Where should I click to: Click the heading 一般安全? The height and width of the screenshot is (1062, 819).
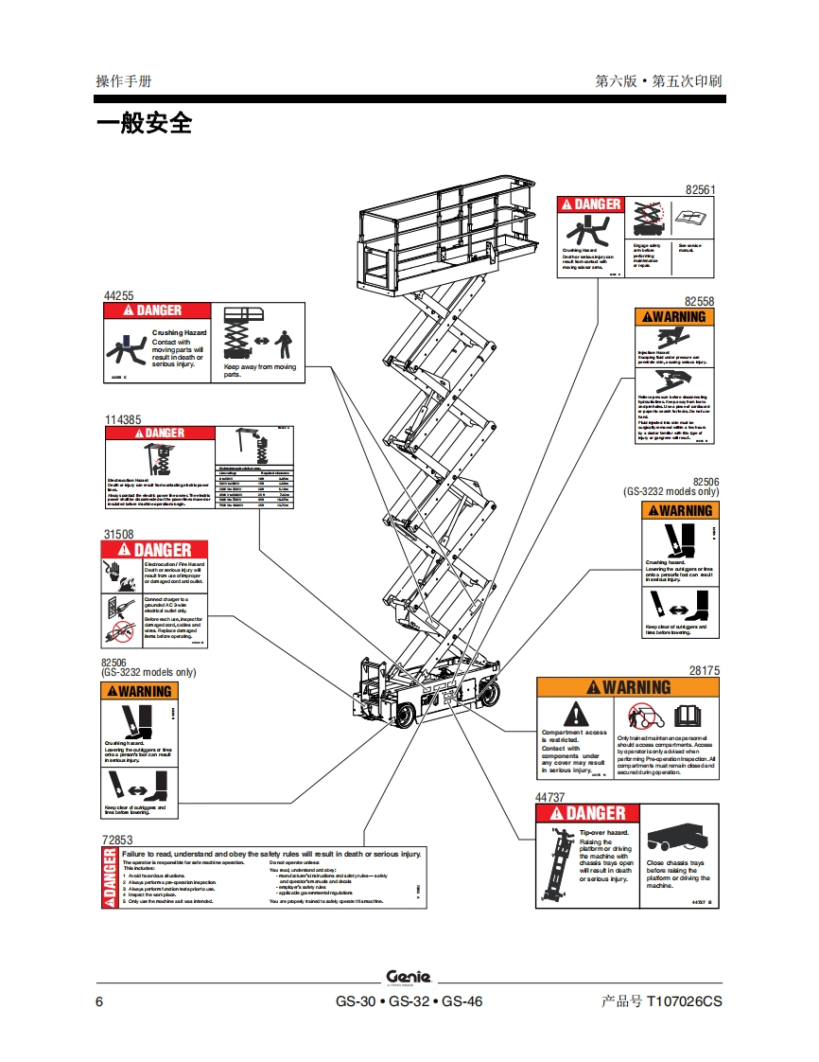[x=144, y=123]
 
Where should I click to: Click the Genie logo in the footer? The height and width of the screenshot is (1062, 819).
[x=409, y=977]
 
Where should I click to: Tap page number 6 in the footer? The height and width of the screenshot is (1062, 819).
[x=99, y=1001]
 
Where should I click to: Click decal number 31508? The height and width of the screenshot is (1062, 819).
[x=118, y=534]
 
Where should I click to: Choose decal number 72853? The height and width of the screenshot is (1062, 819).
[x=117, y=840]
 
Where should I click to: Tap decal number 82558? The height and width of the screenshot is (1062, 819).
[x=700, y=302]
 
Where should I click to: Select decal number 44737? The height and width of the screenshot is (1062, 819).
[x=550, y=797]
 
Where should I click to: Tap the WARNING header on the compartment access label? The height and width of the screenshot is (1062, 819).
[x=628, y=687]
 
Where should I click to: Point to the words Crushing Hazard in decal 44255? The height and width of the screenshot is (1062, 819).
[x=179, y=333]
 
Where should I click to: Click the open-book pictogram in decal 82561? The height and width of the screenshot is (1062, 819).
[x=693, y=219]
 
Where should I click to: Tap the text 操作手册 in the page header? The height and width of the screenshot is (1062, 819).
[x=123, y=80]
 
